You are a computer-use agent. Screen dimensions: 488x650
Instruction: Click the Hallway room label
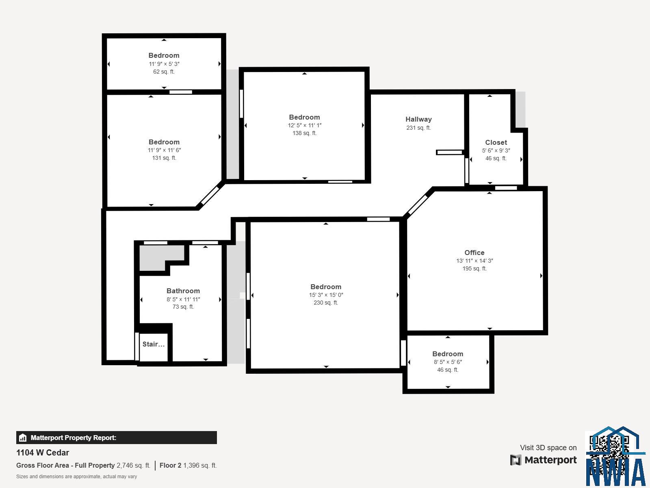point(418,119)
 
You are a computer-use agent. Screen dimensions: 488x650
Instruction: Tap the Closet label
point(496,142)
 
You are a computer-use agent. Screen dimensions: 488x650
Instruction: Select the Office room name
point(474,253)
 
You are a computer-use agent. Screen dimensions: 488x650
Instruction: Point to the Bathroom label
point(183,291)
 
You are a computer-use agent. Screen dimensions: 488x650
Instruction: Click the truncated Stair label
point(154,344)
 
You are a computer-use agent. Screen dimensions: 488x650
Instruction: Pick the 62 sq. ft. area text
point(164,72)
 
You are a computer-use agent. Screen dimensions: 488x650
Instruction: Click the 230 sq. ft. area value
point(326,303)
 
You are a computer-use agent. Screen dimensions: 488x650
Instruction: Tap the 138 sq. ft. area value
point(304,133)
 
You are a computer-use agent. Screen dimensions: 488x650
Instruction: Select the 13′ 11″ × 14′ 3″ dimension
point(474,261)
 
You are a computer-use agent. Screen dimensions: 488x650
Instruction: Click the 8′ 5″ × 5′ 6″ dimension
point(448,362)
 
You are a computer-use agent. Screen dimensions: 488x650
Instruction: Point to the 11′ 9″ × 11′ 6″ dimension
point(164,150)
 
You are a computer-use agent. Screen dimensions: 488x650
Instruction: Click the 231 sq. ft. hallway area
point(418,128)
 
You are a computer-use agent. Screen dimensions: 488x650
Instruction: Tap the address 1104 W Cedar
point(43,453)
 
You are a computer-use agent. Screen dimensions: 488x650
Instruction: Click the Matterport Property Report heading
point(74,438)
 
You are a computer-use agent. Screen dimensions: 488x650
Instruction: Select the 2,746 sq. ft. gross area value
point(133,465)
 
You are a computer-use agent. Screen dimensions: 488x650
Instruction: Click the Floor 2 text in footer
point(170,465)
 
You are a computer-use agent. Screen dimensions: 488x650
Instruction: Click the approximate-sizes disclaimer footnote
point(76,476)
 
